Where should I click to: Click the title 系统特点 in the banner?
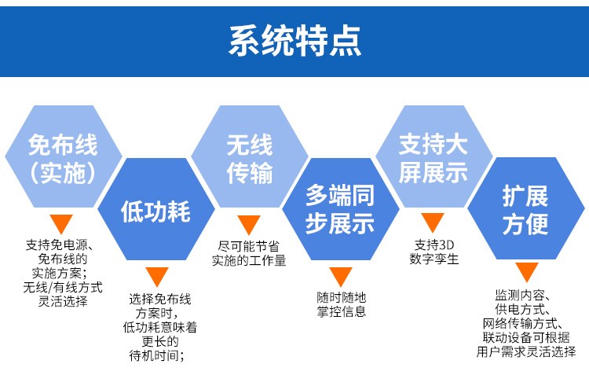coord(294,39)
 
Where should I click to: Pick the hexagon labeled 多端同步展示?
coord(340,209)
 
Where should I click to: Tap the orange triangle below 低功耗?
coord(157,277)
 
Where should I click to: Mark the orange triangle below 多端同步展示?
coord(340,277)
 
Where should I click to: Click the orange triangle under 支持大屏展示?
coord(433,222)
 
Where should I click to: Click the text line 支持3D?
coord(434,244)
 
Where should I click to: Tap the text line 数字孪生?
coord(434,259)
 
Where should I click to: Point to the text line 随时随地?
coord(341,297)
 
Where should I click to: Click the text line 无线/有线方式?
coord(63,288)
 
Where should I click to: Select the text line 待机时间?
coord(159,355)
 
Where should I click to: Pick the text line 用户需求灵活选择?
coord(525,351)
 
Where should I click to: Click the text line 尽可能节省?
coord(249,244)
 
